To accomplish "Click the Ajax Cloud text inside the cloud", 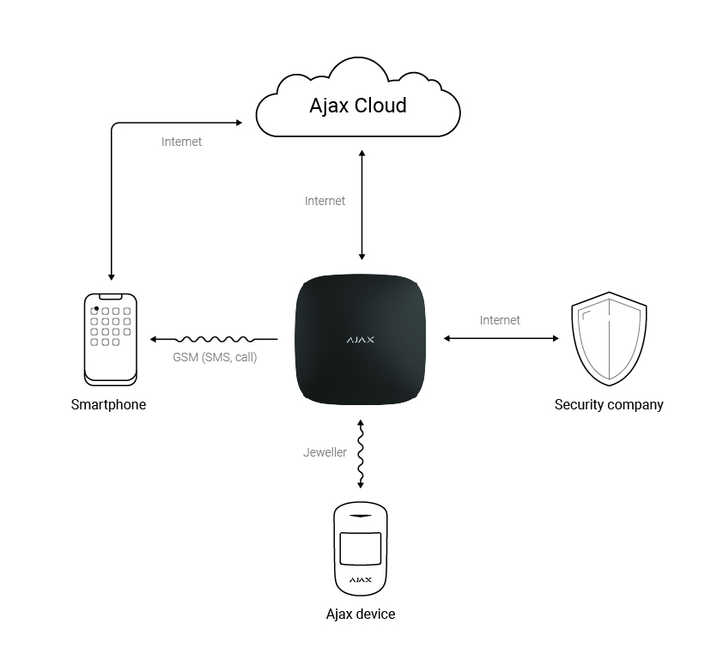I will [x=358, y=106].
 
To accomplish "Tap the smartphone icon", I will [x=111, y=337].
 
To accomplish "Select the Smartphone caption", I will [x=108, y=404].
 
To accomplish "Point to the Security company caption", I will [x=609, y=404].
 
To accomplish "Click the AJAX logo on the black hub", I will [x=361, y=340].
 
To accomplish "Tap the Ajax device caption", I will [x=361, y=614].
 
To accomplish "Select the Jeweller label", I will [x=325, y=452].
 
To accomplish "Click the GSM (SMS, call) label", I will [x=215, y=357].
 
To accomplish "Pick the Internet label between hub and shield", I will [x=500, y=320].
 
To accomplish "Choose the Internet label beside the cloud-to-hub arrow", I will [x=325, y=201].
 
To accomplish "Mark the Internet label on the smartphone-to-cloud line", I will [x=181, y=142].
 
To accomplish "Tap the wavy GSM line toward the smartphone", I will [x=215, y=339].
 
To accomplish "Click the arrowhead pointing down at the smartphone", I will [x=111, y=276].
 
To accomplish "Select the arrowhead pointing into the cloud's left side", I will [x=238, y=124].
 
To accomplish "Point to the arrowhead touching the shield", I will [x=555, y=339].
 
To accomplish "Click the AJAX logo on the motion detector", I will [x=361, y=581].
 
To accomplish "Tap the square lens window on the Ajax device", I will [x=361, y=547].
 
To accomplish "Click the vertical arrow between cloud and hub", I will [x=361, y=204].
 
